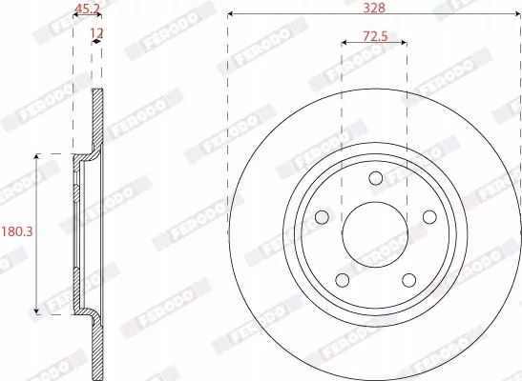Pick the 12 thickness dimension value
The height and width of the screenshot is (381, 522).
(95, 34)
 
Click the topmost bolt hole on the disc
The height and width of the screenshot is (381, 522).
(374, 177)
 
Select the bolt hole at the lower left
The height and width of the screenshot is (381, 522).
(341, 279)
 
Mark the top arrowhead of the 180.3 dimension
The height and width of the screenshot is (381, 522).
(37, 156)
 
